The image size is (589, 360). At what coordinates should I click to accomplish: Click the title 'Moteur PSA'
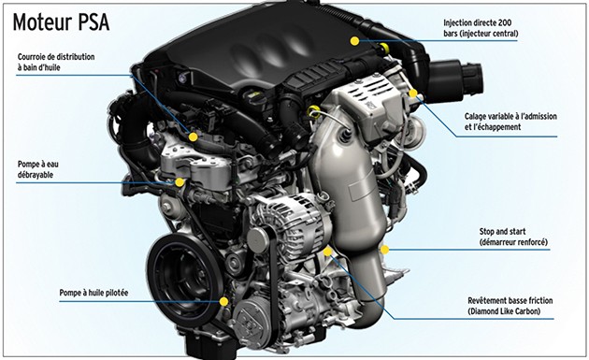tap(61, 22)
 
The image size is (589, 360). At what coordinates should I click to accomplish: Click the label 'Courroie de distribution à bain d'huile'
tap(56, 62)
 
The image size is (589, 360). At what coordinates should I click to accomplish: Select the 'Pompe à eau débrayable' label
tap(38, 169)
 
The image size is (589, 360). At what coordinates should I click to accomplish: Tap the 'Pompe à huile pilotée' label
tap(93, 293)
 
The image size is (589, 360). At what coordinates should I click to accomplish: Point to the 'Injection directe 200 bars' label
tap(481, 28)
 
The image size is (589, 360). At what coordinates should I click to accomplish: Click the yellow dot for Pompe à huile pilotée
tap(223, 301)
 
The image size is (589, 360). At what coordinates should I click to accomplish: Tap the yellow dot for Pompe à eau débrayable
tap(180, 182)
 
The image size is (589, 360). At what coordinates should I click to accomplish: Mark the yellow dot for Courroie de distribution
tap(194, 137)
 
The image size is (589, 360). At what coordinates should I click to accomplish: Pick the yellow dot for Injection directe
tap(354, 41)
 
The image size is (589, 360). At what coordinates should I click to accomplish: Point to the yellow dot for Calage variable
tap(413, 94)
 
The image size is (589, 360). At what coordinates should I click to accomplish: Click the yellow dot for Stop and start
tap(384, 250)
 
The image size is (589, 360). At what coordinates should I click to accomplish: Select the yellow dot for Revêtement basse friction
tap(327, 252)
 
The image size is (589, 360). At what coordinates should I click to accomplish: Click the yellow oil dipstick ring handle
tap(312, 111)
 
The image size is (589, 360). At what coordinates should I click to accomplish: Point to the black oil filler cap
tap(254, 97)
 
